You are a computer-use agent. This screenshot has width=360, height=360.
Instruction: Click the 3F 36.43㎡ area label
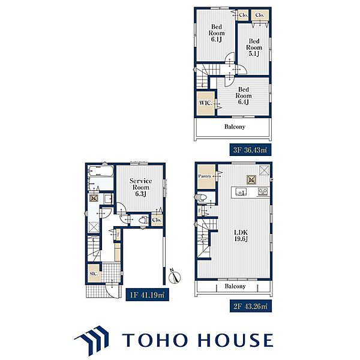pyautogui.click(x=250, y=150)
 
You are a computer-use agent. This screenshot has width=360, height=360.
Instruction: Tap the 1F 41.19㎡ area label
pyautogui.click(x=147, y=295)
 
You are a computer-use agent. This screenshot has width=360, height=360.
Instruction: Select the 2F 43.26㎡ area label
pyautogui.click(x=250, y=306)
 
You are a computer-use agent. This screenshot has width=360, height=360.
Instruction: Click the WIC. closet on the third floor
pyautogui.click(x=206, y=103)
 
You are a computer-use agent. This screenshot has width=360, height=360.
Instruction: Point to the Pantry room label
pyautogui.click(x=205, y=176)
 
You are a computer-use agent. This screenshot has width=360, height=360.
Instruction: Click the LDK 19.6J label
pyautogui.click(x=241, y=236)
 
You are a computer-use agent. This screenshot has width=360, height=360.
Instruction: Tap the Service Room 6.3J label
pyautogui.click(x=140, y=187)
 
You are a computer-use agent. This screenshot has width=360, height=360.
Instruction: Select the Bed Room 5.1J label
pyautogui.click(x=254, y=47)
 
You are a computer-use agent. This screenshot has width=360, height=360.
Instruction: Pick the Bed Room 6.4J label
pyautogui.click(x=244, y=96)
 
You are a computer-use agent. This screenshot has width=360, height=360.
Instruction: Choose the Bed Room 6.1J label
pyautogui.click(x=216, y=33)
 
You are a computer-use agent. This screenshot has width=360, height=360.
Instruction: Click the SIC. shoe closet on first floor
pyautogui.click(x=94, y=273)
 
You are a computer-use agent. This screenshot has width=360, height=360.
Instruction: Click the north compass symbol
pyautogui.click(x=175, y=276)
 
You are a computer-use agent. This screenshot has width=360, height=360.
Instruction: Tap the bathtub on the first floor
pyautogui.click(x=101, y=171)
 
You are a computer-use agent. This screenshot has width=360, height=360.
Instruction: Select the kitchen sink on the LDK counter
pyautogui.click(x=241, y=192)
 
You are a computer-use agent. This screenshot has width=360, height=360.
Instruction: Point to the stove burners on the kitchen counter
pyautogui.click(x=263, y=192)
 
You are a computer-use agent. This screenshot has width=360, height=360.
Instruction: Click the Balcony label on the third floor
pyautogui.click(x=235, y=127)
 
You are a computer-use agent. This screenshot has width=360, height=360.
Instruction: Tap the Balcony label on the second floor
pyautogui.click(x=235, y=286)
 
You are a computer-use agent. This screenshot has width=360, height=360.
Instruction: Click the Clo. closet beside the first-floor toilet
pyautogui.click(x=157, y=220)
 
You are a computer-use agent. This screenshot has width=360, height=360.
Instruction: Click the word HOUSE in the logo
pyautogui.click(x=236, y=340)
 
